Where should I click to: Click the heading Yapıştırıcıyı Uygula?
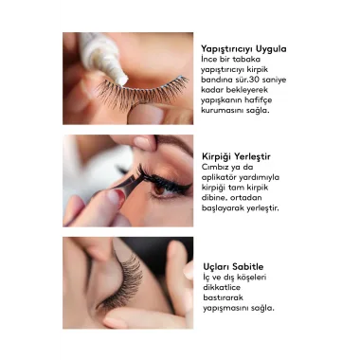243,49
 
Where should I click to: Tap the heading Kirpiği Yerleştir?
236,156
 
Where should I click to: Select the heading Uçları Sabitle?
233,266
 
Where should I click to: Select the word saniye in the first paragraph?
274,80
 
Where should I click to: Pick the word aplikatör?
219,177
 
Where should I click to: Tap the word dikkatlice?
222,287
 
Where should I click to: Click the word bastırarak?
223,297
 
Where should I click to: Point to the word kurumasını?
222,111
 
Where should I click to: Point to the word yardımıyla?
259,177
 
